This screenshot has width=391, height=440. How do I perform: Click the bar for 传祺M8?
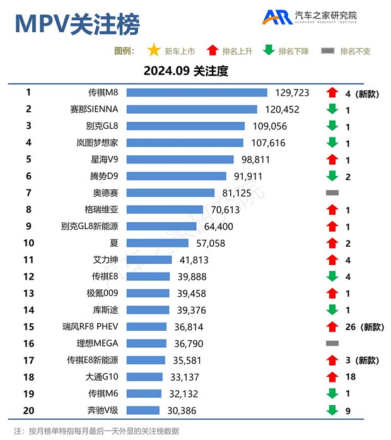197,93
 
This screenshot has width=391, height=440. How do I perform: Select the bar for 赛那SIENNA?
192,109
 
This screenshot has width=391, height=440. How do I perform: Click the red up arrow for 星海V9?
332,160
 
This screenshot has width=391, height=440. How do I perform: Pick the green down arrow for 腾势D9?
332,176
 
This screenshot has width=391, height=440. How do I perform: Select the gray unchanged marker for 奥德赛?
332,193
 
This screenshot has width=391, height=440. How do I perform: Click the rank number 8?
28,210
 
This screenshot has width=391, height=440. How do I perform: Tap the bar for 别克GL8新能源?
162,226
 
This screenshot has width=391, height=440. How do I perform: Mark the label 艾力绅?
105,259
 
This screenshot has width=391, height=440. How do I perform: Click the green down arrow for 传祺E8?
332,276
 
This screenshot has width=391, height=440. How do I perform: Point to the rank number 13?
28,293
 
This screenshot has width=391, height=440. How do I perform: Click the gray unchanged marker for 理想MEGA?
332,343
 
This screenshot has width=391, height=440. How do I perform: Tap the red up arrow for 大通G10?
332,376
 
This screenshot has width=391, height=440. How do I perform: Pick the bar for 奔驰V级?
143,410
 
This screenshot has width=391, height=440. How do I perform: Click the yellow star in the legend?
153,51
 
